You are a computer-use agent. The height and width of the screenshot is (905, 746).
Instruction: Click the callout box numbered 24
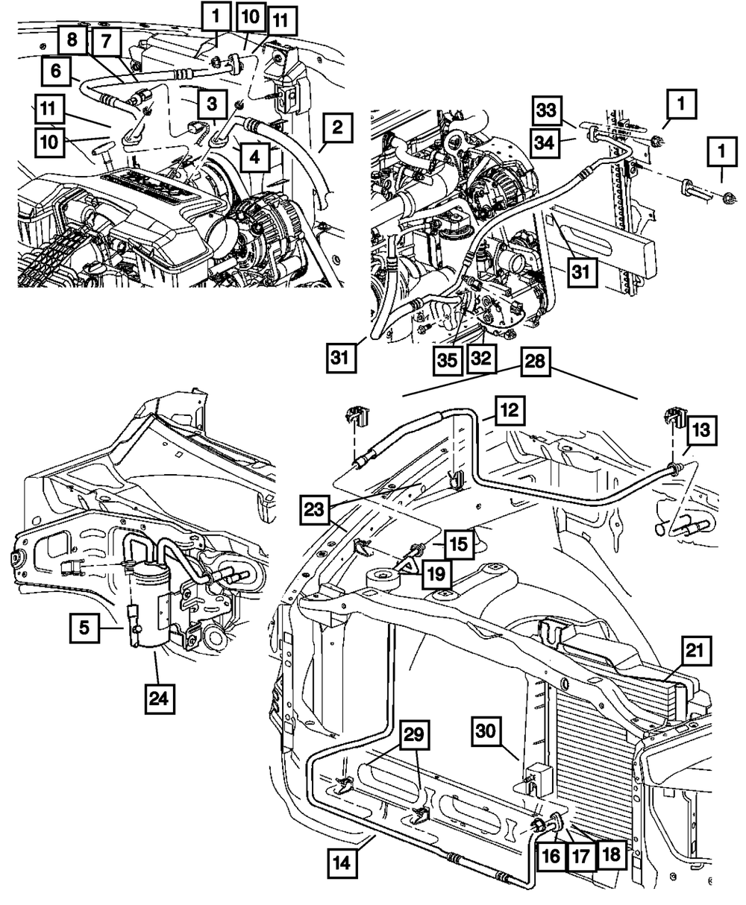pos(159,699)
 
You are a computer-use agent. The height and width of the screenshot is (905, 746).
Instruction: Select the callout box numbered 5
pos(84,628)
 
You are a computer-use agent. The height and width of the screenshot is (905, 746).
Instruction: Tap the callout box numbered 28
pos(534,362)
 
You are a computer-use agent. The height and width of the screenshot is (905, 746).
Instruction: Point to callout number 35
pos(447,360)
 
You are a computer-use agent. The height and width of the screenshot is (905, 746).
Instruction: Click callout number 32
pos(481,359)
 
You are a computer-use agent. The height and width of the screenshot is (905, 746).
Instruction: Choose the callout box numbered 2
pos(337,127)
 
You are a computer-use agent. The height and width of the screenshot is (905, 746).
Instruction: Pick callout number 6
pos(56,71)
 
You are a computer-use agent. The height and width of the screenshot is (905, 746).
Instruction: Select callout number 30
pos(486,731)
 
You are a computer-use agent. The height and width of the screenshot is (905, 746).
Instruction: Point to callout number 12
pos(510,410)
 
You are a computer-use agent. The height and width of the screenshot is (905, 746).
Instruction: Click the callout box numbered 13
pos(702,430)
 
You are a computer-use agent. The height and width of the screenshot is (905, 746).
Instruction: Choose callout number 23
pos(314,510)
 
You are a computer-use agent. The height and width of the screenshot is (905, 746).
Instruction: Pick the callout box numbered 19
pos(436,574)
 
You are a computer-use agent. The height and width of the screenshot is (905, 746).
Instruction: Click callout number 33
pos(547,110)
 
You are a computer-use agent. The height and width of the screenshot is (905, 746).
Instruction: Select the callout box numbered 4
pos(255,157)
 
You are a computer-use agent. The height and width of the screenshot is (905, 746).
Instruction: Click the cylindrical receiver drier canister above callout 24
pos(148,609)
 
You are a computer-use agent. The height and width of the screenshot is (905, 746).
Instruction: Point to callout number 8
pos(72,40)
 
